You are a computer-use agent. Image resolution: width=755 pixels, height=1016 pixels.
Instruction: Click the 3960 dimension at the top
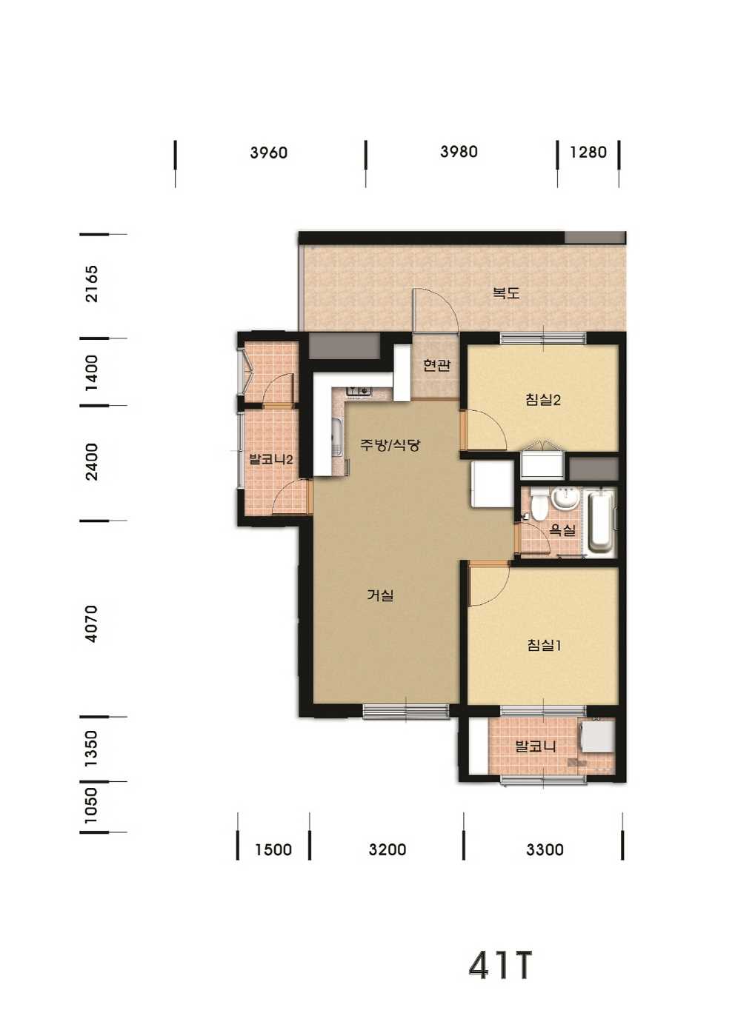point(269,153)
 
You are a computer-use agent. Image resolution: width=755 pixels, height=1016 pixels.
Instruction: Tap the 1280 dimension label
point(588,152)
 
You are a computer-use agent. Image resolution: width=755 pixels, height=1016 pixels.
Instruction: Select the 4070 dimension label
point(92,624)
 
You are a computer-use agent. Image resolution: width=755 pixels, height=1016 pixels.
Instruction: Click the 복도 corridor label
point(506,293)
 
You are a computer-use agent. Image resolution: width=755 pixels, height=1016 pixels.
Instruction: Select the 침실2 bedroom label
point(543,400)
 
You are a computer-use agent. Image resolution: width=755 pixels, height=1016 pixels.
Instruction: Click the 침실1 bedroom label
point(545,646)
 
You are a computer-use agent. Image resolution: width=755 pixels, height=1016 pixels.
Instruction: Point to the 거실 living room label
point(381,595)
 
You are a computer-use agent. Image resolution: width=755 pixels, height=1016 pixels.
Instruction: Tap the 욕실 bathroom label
point(562,530)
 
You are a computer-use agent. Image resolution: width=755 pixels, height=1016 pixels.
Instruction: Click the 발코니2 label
point(270,459)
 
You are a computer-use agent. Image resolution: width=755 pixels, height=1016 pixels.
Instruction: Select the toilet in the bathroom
point(538,505)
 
